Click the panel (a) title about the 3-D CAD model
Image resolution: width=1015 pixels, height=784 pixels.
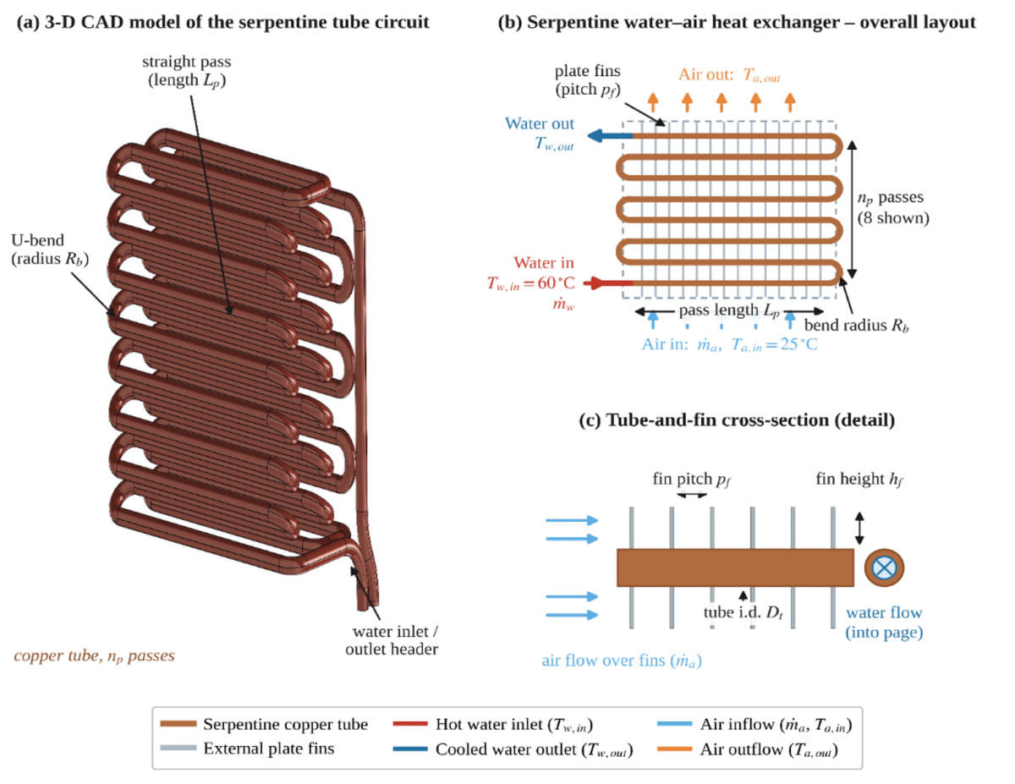click(x=222, y=23)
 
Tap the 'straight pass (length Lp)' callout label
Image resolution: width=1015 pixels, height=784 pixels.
click(x=187, y=71)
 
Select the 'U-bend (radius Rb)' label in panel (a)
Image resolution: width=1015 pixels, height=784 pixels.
click(x=50, y=249)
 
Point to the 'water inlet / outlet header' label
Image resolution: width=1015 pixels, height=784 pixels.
click(x=392, y=640)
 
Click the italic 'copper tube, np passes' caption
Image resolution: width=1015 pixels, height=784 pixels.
click(x=95, y=656)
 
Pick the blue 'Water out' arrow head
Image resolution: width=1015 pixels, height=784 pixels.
click(x=595, y=136)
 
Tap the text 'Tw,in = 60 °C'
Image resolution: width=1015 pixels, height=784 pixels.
click(x=530, y=283)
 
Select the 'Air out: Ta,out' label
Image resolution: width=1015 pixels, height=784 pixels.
click(x=729, y=74)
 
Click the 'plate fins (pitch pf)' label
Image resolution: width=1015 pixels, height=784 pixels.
click(x=588, y=79)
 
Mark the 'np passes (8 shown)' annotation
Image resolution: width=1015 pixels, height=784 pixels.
click(x=893, y=208)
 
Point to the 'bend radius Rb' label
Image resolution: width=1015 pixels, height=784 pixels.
click(x=857, y=326)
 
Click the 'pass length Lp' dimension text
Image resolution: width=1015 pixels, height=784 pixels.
click(x=729, y=310)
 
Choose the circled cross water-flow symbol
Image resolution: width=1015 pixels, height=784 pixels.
click(x=884, y=567)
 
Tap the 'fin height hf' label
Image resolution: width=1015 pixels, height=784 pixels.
click(x=859, y=479)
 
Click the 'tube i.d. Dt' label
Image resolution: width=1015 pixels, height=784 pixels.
click(x=743, y=612)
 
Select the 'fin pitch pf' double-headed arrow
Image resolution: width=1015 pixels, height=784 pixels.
click(x=692, y=495)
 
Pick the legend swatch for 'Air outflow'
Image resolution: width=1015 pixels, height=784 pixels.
click(x=674, y=749)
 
